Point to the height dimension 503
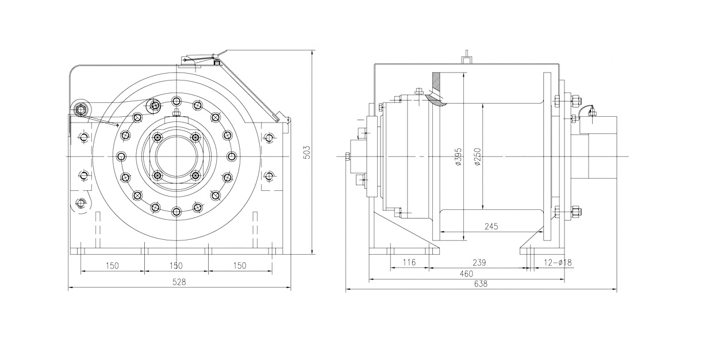pyautogui.click(x=307, y=152)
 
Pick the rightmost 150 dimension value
pyautogui.click(x=240, y=266)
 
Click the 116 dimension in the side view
pyautogui.click(x=409, y=262)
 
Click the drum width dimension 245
pyautogui.click(x=491, y=227)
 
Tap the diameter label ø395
pyautogui.click(x=458, y=157)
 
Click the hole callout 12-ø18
pyautogui.click(x=557, y=262)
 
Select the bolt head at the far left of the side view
pyautogui.click(x=348, y=156)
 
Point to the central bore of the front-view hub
pyautogui.click(x=176, y=156)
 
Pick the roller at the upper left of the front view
pyautogui.click(x=80, y=109)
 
